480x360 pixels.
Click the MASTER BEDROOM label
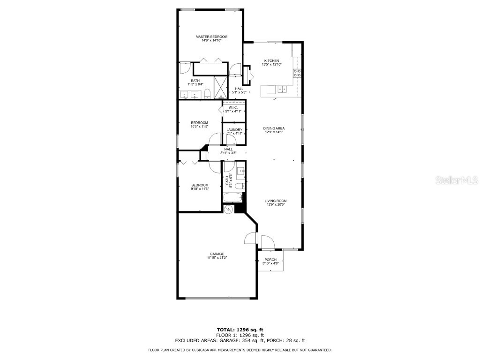(211, 37)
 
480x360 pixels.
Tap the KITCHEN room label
(272, 60)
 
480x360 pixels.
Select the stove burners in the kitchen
(297, 73)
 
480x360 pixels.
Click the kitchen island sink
(282, 88)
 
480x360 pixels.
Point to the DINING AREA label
(274, 128)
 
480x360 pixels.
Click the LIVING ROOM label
(275, 201)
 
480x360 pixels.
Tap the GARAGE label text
(217, 254)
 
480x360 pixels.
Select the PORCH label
(270, 260)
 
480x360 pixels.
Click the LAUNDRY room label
(234, 130)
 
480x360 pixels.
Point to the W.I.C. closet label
(233, 107)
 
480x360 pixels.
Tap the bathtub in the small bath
(232, 198)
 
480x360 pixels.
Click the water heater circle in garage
(229, 209)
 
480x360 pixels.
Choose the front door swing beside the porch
(268, 243)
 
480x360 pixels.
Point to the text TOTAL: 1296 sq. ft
(240, 330)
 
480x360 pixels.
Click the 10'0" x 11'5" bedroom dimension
(199, 127)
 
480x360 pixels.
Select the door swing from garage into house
(250, 239)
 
